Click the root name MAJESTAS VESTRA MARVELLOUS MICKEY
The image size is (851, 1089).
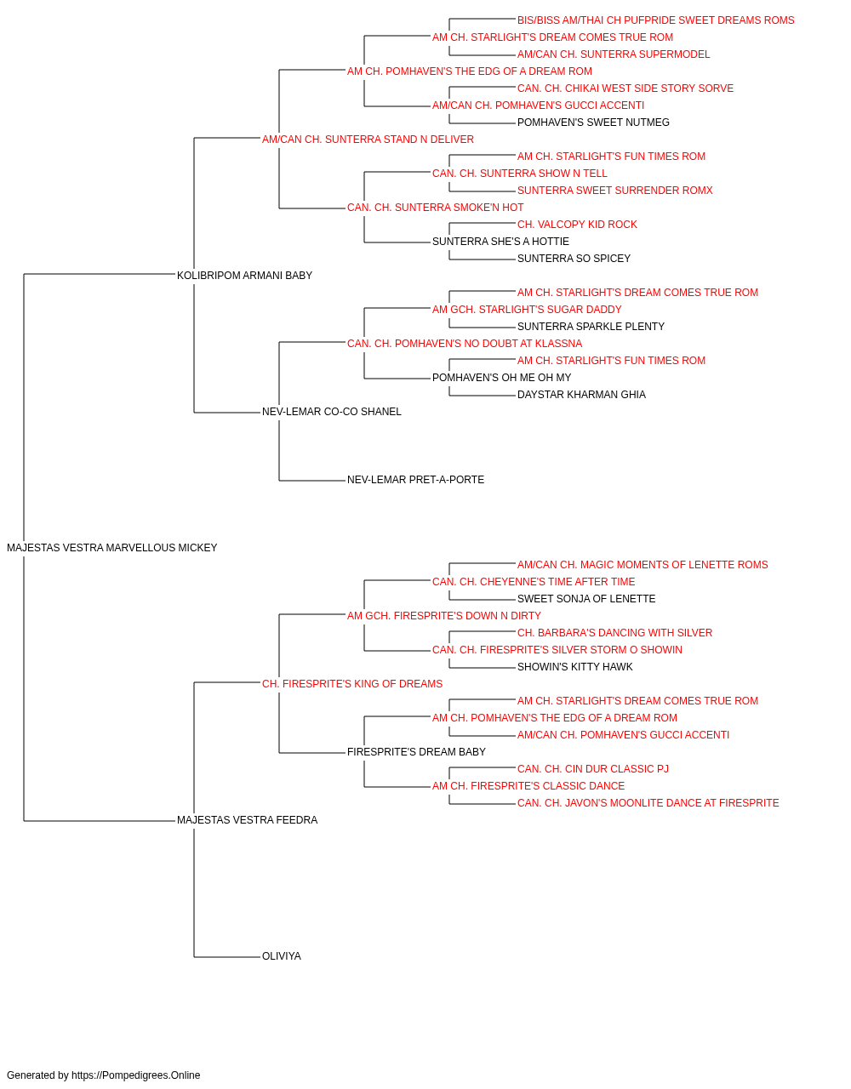click(x=111, y=548)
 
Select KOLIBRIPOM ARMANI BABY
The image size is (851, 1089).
click(x=244, y=275)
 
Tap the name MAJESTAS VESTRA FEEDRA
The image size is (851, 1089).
click(x=247, y=820)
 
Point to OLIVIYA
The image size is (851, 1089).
click(x=281, y=956)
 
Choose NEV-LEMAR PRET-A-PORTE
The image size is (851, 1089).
click(x=415, y=480)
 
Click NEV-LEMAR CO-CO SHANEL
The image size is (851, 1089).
click(x=331, y=412)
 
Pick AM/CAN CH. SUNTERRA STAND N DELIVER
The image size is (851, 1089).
click(x=368, y=140)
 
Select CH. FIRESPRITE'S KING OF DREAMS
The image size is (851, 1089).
click(x=352, y=683)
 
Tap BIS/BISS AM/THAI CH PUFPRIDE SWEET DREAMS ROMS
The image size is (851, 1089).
click(x=655, y=20)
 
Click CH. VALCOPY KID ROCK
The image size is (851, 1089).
click(x=577, y=224)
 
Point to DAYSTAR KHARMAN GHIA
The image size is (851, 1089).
click(x=581, y=395)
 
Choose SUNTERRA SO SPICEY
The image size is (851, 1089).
click(x=574, y=258)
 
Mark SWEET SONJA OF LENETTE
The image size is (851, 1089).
click(x=586, y=598)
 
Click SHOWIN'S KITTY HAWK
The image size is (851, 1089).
click(x=575, y=666)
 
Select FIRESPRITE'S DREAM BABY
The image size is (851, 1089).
click(x=416, y=752)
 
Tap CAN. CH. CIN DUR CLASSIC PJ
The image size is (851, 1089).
click(x=593, y=769)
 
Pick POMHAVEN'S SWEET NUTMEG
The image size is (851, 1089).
click(x=593, y=123)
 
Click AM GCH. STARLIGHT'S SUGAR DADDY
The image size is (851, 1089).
click(x=527, y=309)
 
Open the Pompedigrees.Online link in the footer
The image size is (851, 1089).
click(x=136, y=1075)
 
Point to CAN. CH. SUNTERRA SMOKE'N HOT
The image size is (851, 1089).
click(x=435, y=207)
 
